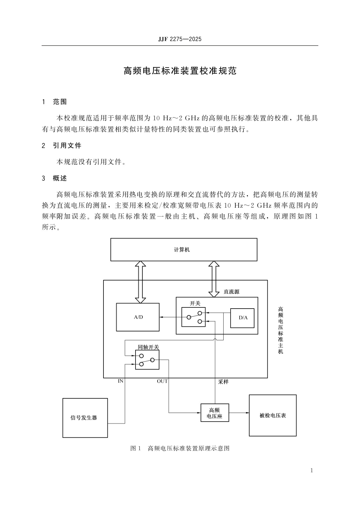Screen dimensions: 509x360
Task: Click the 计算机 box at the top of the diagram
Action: pyautogui.click(x=184, y=249)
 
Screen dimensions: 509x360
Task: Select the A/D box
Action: pyautogui.click(x=138, y=317)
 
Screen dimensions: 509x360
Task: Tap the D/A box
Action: pyautogui.click(x=242, y=318)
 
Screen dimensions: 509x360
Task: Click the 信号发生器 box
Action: pyautogui.click(x=85, y=418)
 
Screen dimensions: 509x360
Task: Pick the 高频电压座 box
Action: pyautogui.click(x=214, y=413)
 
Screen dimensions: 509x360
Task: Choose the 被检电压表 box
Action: pyautogui.click(x=272, y=415)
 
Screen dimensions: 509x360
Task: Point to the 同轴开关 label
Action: pyautogui.click(x=148, y=347)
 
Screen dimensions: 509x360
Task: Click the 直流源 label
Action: pyautogui.click(x=231, y=292)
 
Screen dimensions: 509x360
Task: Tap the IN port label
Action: pyautogui.click(x=120, y=381)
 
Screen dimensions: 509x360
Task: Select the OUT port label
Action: pyautogui.click(x=162, y=381)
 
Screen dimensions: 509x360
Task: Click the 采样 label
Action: pyautogui.click(x=223, y=382)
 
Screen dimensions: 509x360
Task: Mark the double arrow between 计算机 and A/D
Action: pyautogui.click(x=140, y=282)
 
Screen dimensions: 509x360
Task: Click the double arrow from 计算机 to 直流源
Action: pyautogui.click(x=214, y=279)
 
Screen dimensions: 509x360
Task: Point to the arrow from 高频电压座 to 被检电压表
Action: pyautogui.click(x=239, y=413)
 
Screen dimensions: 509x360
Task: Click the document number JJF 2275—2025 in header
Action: pyautogui.click(x=180, y=39)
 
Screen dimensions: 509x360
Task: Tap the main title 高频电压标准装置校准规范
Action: pyautogui.click(x=180, y=71)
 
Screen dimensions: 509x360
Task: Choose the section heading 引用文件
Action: pyautogui.click(x=67, y=146)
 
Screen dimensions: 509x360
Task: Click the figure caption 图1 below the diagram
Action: pyautogui.click(x=180, y=448)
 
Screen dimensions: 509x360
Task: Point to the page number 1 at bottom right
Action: pyautogui.click(x=312, y=470)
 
